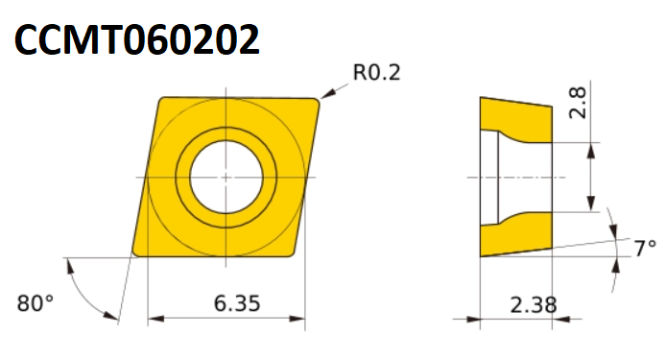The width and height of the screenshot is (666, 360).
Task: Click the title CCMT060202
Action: point(137,39)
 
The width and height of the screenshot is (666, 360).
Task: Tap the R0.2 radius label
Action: point(376,72)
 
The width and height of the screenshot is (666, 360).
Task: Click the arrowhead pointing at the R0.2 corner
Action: point(327,94)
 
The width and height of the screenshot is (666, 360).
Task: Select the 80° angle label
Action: point(36,303)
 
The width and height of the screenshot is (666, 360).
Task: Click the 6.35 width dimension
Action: point(237,303)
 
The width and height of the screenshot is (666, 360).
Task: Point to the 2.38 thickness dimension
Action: point(533,304)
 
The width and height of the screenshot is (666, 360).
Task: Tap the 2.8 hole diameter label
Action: point(577,103)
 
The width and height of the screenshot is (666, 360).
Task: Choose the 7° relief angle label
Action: point(645,249)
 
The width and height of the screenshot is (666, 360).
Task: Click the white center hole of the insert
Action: point(226,177)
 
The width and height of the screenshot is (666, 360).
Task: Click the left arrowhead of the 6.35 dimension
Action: point(155,319)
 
